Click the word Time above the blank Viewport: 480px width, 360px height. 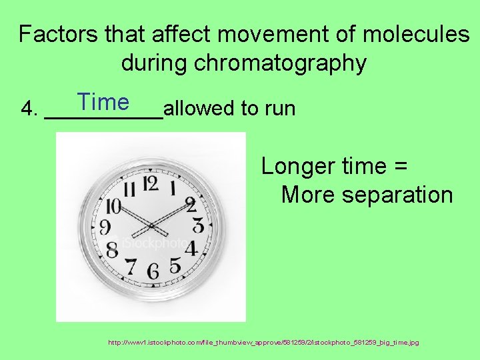[x=103, y=102]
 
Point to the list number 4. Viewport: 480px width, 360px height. [x=28, y=108]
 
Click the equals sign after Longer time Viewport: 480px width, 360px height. [x=401, y=167]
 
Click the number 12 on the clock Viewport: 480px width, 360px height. [x=151, y=183]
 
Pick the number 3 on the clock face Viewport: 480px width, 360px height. [x=197, y=226]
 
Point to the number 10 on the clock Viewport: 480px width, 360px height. [x=113, y=207]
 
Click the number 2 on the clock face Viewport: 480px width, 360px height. [x=190, y=204]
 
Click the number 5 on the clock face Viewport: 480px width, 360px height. [x=175, y=265]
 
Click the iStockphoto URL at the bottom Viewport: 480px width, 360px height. [x=263, y=343]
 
